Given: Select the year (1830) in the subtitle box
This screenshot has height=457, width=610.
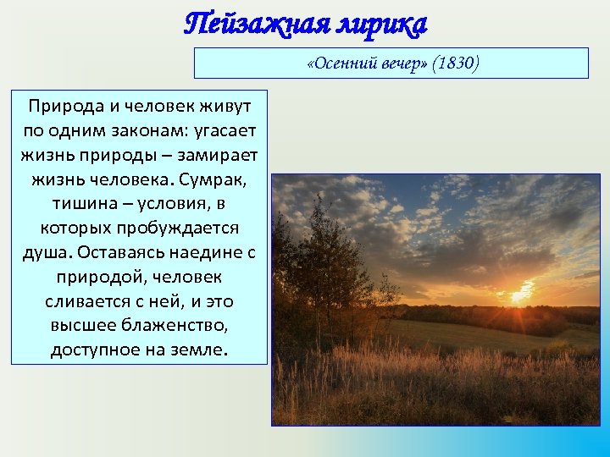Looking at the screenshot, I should [455, 64].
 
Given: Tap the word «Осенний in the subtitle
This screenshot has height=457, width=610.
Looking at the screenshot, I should [336, 64].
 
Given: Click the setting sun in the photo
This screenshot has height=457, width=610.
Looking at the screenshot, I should [518, 295].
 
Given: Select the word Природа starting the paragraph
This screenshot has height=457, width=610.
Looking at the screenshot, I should [63, 107].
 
